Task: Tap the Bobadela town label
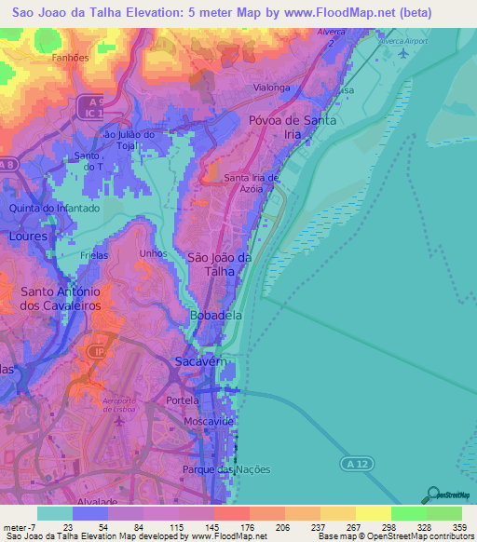(x=215, y=316)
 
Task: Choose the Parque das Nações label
(x=227, y=469)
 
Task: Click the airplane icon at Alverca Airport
(x=403, y=52)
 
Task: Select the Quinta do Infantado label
(x=53, y=209)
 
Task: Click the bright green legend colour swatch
(x=409, y=513)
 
